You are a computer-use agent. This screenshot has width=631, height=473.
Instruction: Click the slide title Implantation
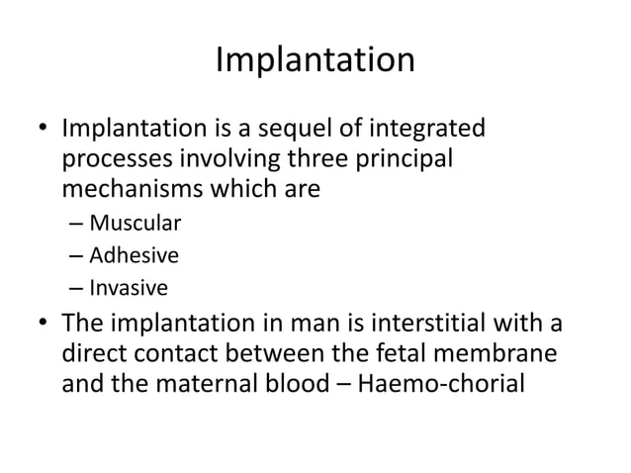[x=315, y=60]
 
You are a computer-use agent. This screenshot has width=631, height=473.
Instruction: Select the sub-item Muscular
[x=127, y=222]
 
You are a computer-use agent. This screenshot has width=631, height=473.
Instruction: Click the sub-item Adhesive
[x=134, y=255]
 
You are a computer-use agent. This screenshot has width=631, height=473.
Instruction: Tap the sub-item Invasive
[x=129, y=289]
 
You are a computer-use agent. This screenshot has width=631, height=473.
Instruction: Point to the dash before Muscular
[x=76, y=223]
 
